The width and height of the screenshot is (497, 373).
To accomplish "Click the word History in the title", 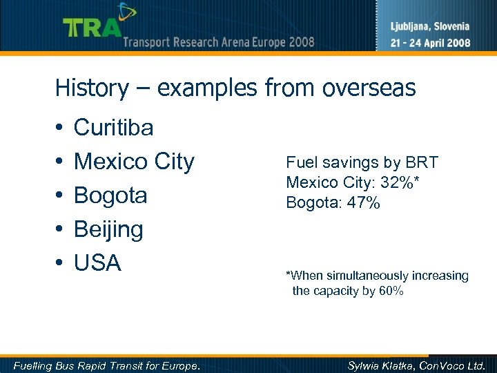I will click(92, 88).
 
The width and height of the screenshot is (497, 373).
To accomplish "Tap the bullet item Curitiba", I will click(114, 127).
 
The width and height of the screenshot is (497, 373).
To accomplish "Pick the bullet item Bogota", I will click(110, 195).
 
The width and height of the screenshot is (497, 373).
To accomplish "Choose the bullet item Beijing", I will click(108, 229).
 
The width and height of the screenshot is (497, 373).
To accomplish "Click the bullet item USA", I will click(97, 263).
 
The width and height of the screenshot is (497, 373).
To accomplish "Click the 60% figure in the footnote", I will click(391, 291).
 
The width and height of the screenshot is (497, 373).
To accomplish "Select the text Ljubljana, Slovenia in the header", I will click(431, 27).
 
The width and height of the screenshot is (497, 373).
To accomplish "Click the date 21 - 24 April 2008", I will click(431, 42).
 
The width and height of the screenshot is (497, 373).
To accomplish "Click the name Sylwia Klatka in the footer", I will click(380, 365).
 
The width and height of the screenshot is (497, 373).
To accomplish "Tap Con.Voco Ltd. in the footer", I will click(453, 365).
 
